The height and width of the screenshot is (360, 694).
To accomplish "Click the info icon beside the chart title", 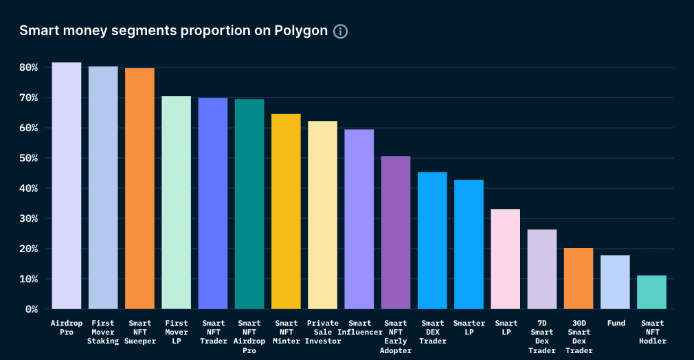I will pyautogui.click(x=340, y=32).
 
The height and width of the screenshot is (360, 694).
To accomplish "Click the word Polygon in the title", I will pyautogui.click(x=302, y=32).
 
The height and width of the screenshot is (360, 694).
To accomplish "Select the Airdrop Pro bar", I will pyautogui.click(x=67, y=185).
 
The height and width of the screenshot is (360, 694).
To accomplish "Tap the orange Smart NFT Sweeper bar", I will pyautogui.click(x=139, y=188).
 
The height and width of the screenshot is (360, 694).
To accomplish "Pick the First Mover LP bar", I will pyautogui.click(x=176, y=203).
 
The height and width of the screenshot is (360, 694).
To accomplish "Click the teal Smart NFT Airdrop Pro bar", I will pyautogui.click(x=249, y=204).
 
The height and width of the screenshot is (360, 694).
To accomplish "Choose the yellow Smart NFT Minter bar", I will pyautogui.click(x=286, y=212).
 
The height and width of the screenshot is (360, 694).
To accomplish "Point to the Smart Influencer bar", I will pyautogui.click(x=359, y=219).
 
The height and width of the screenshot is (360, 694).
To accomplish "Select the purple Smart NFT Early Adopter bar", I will pyautogui.click(x=396, y=233).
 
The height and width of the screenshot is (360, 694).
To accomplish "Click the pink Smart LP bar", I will pyautogui.click(x=505, y=259).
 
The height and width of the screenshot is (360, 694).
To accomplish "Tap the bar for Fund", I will pyautogui.click(x=615, y=282).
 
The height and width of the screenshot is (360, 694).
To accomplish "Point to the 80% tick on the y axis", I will pyautogui.click(x=28, y=67).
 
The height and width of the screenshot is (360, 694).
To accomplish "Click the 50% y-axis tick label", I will pyautogui.click(x=28, y=158).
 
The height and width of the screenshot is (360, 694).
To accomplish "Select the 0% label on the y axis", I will pyautogui.click(x=31, y=309).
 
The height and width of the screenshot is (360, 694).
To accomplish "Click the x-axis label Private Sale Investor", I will pyautogui.click(x=323, y=332).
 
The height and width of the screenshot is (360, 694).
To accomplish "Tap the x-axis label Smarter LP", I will pyautogui.click(x=469, y=328).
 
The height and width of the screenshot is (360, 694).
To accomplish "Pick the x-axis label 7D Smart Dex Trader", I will pyautogui.click(x=542, y=337).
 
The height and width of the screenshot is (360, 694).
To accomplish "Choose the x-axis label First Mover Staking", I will pyautogui.click(x=103, y=332).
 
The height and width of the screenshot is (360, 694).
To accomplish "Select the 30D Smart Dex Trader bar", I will pyautogui.click(x=579, y=278).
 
